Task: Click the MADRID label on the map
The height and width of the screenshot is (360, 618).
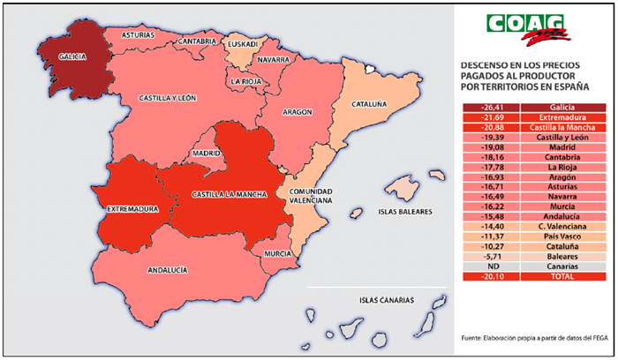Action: [206, 152]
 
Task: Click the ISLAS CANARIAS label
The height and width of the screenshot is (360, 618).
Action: [387, 300]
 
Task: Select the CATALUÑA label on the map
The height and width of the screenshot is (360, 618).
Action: [369, 104]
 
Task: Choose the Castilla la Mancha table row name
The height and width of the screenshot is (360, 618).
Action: [561, 128]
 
